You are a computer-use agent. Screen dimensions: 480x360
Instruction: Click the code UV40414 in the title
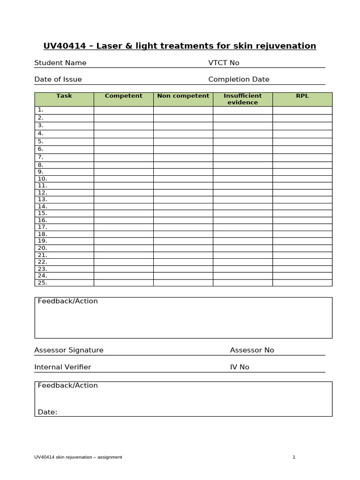point(64,46)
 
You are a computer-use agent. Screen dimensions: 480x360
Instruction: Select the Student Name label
point(60,63)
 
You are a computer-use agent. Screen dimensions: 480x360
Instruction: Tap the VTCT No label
point(224,63)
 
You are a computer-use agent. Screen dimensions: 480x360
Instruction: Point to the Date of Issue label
point(58,79)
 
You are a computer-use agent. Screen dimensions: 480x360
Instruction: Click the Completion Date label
point(239,79)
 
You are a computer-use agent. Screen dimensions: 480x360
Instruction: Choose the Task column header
point(64,96)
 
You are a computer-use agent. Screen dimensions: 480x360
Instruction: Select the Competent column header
point(123,96)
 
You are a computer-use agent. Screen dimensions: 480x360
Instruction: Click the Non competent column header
point(183,96)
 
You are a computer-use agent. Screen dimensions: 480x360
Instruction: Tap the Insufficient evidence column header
point(242,99)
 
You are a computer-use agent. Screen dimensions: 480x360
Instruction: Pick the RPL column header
point(302,96)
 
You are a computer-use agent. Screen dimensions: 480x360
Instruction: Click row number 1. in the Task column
point(40,110)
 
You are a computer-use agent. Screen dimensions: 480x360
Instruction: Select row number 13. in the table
point(42,199)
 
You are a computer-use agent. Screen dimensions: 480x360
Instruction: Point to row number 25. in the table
point(42,283)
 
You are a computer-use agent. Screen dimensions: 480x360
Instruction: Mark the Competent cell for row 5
point(123,141)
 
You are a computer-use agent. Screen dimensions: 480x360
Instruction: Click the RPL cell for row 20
point(302,248)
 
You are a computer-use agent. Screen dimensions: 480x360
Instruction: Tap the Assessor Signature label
point(69,350)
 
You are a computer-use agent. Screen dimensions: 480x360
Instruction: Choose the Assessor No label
point(252,350)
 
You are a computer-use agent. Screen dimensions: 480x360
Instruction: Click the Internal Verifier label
point(63,367)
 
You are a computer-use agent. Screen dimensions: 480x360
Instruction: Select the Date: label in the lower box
point(47,412)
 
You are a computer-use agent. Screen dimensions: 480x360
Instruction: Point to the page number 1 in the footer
point(294,457)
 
